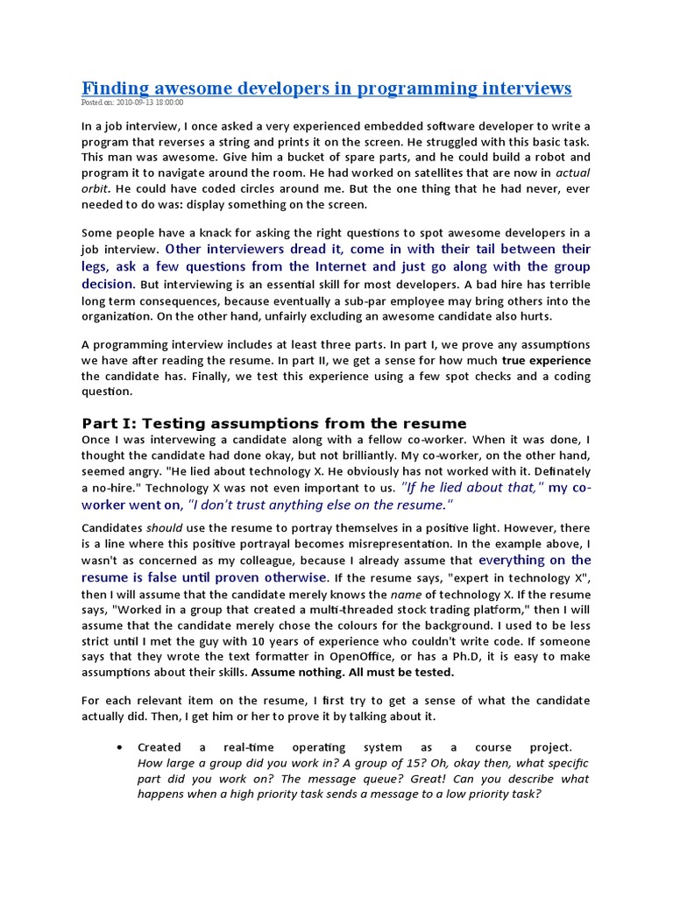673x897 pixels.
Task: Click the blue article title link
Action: tap(326, 88)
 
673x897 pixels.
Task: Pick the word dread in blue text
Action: tap(302, 249)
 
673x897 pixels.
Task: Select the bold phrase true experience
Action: tap(546, 360)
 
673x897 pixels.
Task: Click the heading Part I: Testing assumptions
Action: tap(273, 423)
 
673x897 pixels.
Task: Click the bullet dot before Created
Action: tap(118, 747)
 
